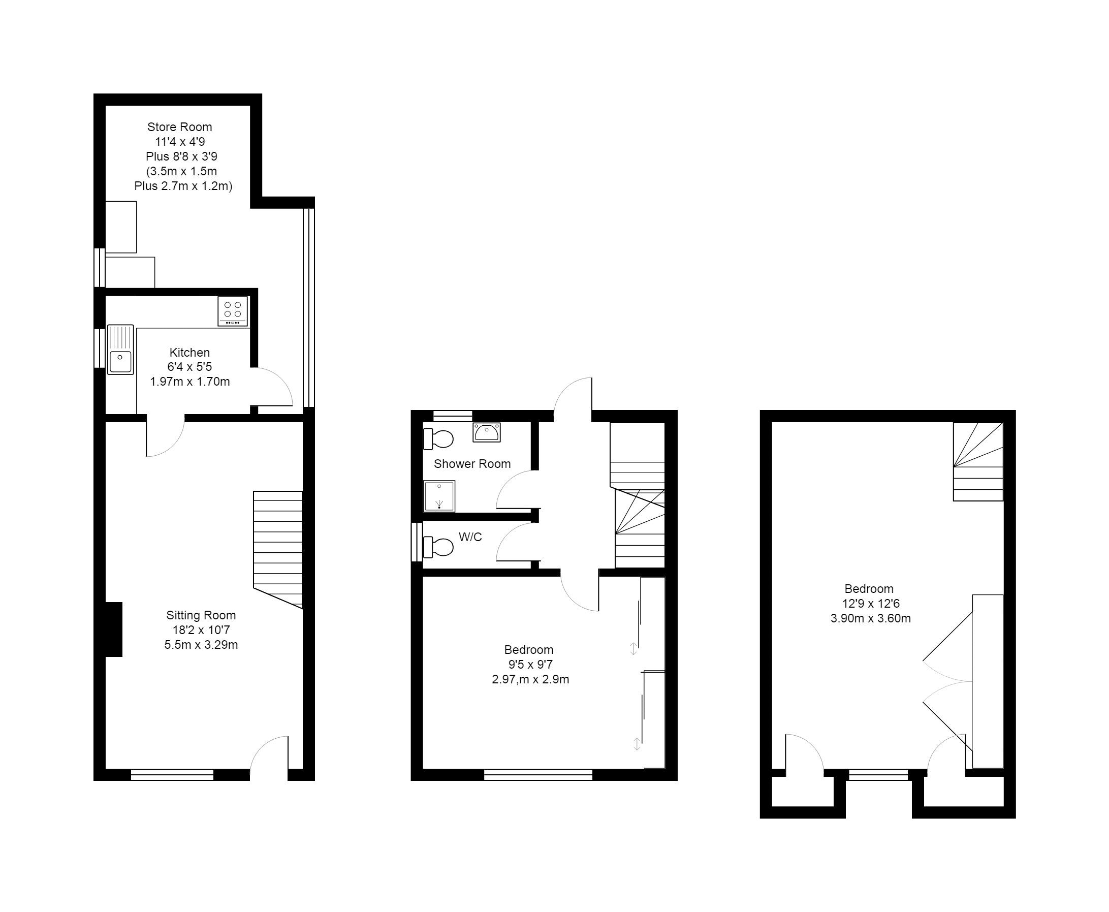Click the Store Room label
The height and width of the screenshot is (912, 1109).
coord(180,127)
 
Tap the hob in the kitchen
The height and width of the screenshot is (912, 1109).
coord(233,311)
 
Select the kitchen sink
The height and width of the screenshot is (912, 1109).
coord(121,350)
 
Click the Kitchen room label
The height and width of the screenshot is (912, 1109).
coord(189,353)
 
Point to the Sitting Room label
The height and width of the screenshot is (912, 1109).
coord(201,615)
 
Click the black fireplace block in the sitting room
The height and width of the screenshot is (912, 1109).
coord(113,630)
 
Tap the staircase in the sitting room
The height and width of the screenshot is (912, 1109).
coord(278,550)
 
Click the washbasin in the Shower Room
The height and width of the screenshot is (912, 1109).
coord(487,432)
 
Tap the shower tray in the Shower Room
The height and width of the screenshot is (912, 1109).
coord(439,496)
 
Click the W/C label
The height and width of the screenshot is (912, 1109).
coord(470,537)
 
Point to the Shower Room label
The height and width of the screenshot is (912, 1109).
coord(472,464)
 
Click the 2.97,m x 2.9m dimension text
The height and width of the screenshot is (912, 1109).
coord(530,679)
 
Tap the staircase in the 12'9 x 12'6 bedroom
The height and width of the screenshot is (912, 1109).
coord(978,462)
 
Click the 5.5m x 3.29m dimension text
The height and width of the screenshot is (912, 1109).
coord(201,645)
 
